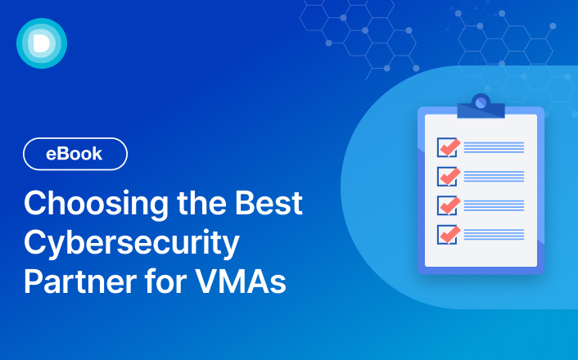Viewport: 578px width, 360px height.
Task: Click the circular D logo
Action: [x=41, y=43]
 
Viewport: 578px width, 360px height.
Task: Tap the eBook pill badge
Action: [x=75, y=154]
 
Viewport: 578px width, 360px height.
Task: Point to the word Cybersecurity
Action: [x=131, y=243]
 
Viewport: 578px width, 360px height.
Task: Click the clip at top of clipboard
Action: [x=481, y=106]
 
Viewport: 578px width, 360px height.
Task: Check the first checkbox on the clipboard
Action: [x=447, y=147]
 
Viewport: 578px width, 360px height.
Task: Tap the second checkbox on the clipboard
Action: [x=447, y=176]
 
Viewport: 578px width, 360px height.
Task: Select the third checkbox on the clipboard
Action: [x=447, y=205]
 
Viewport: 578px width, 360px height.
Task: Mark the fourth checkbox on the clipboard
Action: [x=447, y=234]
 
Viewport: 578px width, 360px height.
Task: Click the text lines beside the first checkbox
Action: [x=494, y=147]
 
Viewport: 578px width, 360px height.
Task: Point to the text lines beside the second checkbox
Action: [x=494, y=177]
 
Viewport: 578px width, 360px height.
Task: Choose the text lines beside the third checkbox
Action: [x=494, y=205]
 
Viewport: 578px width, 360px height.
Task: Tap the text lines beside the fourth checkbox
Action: [x=494, y=235]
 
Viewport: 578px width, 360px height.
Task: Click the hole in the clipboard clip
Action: [x=481, y=102]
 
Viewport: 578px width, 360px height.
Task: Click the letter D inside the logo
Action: [x=42, y=43]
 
